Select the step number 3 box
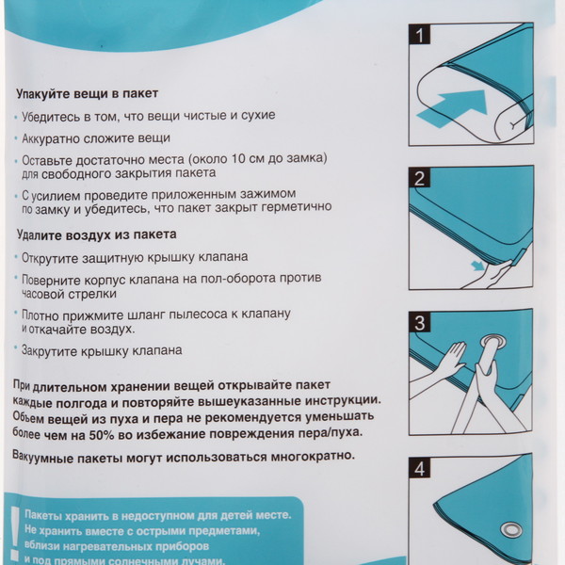click(420, 322)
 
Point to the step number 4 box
click(420, 466)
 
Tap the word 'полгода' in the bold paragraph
click(87, 401)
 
